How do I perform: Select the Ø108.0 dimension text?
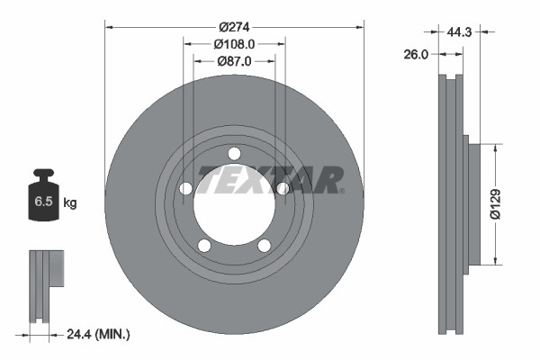tap(235, 43)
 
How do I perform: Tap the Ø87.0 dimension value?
tap(235, 61)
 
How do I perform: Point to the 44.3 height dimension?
tap(459, 31)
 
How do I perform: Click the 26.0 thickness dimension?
tap(417, 53)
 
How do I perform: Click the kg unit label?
tap(70, 203)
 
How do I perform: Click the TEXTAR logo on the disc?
tap(270, 180)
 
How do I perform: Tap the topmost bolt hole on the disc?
tap(234, 153)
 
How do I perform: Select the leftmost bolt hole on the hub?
tap(186, 188)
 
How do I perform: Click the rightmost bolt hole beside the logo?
tap(283, 188)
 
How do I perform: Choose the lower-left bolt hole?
tap(204, 246)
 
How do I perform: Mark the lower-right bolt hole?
tap(265, 246)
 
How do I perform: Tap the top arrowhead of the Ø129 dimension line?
tap(496, 143)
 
